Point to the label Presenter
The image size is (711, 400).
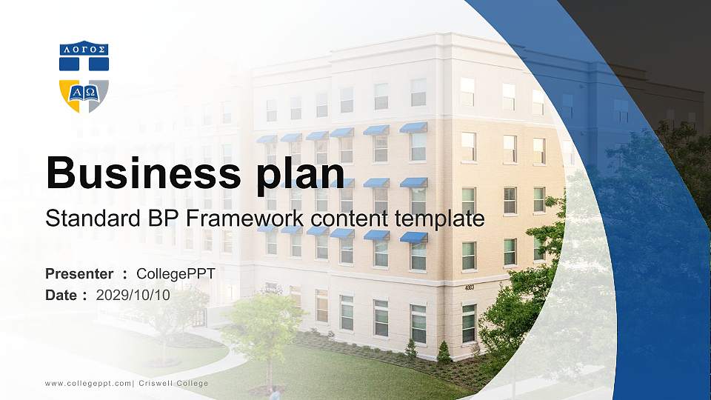point(79,274)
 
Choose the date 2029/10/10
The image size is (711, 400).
point(133,295)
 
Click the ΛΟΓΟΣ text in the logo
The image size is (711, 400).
point(84,50)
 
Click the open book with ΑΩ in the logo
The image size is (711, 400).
point(84,92)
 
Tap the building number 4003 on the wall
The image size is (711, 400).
point(469,287)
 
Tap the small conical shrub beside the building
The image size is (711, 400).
point(443,352)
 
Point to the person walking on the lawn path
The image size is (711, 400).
point(276,392)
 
